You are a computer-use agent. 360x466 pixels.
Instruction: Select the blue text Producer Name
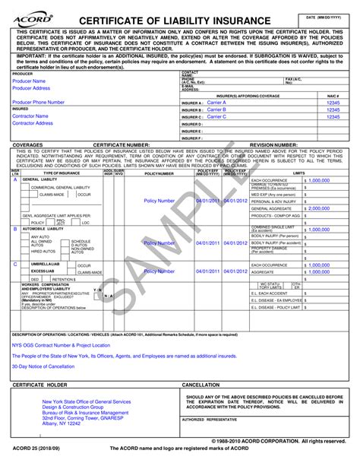[29, 81]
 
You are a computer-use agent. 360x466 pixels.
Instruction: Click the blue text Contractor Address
[33, 123]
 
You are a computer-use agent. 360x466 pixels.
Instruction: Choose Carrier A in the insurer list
[217, 102]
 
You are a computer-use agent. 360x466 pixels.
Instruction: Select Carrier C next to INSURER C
[217, 117]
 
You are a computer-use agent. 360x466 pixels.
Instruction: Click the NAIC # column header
[332, 96]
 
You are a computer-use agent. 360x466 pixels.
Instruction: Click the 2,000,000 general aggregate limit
[319, 208]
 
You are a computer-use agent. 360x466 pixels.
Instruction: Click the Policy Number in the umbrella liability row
[159, 271]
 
